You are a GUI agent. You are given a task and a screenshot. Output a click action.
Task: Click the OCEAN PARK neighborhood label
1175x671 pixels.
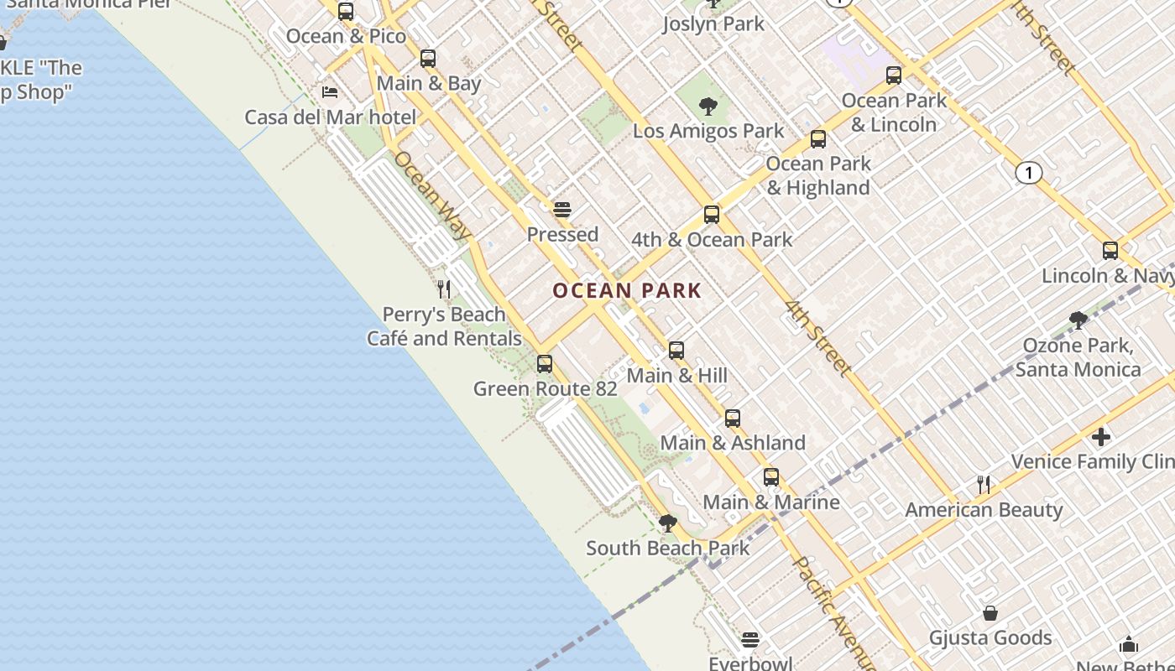pos(627,291)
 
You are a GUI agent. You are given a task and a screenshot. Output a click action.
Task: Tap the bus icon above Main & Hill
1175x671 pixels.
pos(676,351)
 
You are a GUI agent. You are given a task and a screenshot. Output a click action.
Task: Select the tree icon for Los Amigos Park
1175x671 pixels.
pos(708,107)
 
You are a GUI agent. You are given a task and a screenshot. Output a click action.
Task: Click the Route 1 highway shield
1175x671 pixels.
pos(1028,173)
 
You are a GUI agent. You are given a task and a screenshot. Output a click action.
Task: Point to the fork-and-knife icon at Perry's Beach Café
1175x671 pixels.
pos(444,289)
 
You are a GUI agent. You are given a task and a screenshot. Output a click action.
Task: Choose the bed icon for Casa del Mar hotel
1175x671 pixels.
pos(330,91)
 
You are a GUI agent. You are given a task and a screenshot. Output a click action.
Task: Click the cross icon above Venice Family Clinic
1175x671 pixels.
pos(1101,437)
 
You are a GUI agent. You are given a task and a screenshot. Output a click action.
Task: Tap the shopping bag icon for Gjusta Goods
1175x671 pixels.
pos(990,613)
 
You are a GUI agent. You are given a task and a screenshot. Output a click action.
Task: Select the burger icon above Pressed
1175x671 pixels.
pos(562,210)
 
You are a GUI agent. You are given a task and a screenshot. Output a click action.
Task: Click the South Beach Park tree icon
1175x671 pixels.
pos(668,524)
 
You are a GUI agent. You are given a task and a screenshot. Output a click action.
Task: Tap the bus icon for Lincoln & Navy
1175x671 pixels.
pos(1110,250)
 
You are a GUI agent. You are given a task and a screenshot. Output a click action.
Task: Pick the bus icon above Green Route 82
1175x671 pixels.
pos(545,364)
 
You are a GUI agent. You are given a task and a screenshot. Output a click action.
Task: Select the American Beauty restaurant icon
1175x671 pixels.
pos(984,485)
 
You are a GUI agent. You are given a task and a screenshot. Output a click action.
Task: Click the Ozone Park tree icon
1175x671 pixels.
pos(1078,320)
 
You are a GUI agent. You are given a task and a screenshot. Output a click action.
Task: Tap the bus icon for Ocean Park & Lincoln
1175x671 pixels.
pos(894,75)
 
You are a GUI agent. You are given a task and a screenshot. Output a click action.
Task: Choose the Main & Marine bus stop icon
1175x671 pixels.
pos(771,477)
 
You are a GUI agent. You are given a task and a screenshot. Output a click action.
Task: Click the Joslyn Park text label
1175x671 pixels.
pos(713,24)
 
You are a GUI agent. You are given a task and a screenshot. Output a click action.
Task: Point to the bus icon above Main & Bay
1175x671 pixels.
pos(428,59)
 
